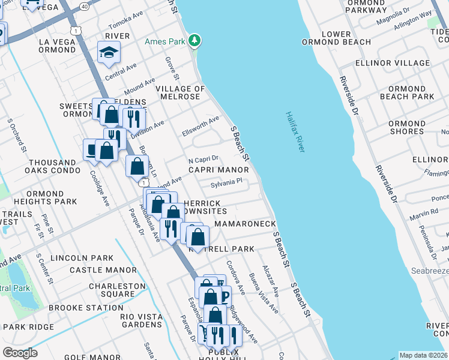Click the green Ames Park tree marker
[194, 41]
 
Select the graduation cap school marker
[109, 54]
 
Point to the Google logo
[20, 352]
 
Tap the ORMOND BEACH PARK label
[407, 92]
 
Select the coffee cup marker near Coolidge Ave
[91, 149]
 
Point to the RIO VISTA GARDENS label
[142, 320]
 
